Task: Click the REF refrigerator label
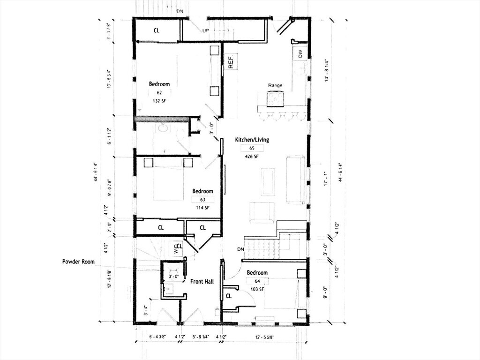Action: (x=231, y=61)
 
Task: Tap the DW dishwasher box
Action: (x=300, y=54)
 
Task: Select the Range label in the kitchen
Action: (x=275, y=85)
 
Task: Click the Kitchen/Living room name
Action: (x=252, y=140)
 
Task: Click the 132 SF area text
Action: (x=159, y=101)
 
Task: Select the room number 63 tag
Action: (x=202, y=199)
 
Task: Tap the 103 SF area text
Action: (x=257, y=289)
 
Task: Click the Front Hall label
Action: (x=202, y=281)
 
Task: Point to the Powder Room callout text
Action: (x=78, y=262)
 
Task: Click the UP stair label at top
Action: (x=205, y=30)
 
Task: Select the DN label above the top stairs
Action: (x=180, y=11)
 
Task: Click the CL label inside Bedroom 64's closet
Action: (x=229, y=296)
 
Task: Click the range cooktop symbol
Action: (x=275, y=99)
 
